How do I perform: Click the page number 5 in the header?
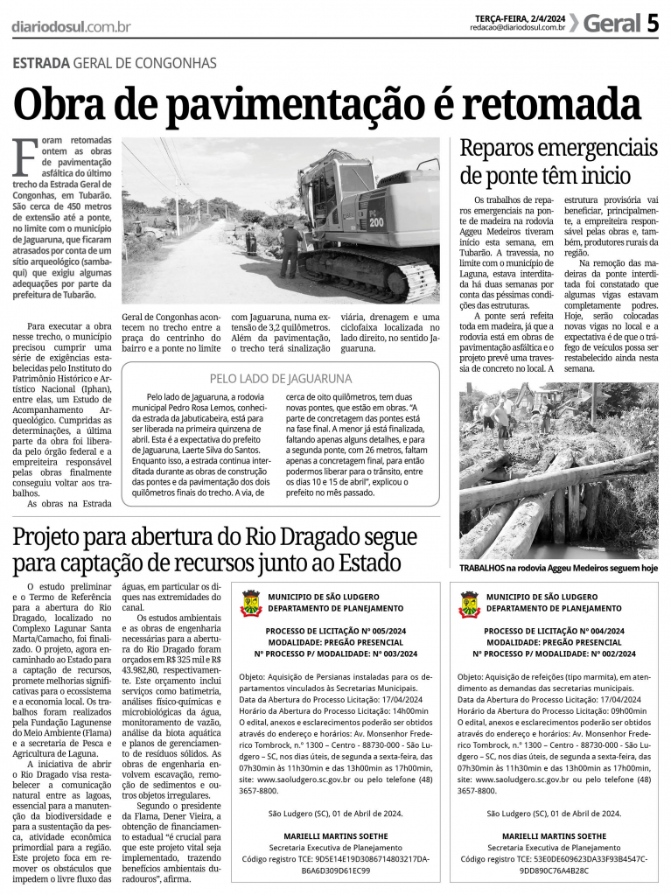[653, 24]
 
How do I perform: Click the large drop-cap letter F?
[25, 158]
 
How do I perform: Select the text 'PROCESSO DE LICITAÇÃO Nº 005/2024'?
[336, 631]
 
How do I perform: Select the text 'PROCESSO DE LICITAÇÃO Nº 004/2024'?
[555, 631]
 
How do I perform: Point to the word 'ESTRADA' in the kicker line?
[41, 64]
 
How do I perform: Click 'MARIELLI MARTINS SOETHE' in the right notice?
[555, 836]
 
